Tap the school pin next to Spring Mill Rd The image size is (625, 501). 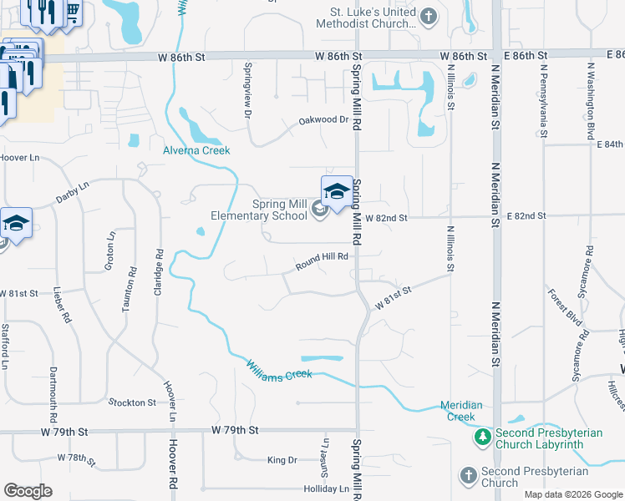pos(337,192)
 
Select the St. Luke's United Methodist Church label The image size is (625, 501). pos(366,17)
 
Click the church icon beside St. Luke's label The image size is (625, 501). pos(428,16)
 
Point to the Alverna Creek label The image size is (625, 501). pos(196,150)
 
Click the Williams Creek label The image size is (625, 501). pos(279,370)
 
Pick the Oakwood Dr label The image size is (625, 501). pos(323,121)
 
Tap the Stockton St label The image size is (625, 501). pos(132,402)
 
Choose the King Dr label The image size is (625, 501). pos(282,460)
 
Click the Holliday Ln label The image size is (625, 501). pos(327,488)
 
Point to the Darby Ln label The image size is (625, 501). pos(72,194)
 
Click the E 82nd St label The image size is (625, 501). pos(526,215)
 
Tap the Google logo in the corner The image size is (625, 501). pos(28,491)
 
